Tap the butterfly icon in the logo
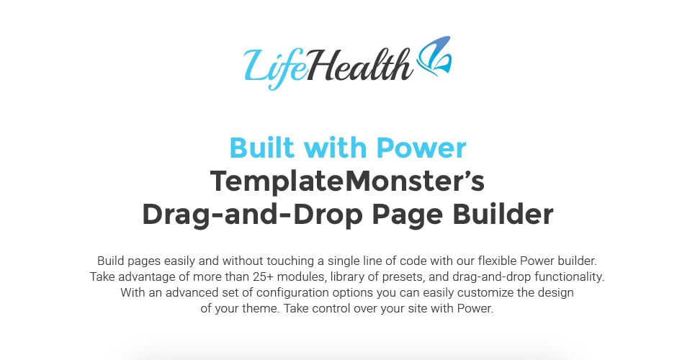434,55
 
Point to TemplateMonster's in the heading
347,181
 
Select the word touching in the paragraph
286,261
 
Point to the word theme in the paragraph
260,309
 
